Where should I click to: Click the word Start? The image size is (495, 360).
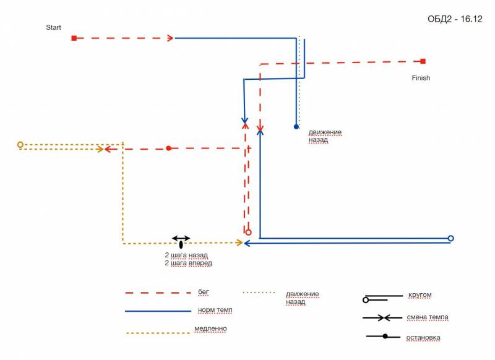click(x=54, y=27)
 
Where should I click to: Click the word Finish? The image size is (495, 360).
click(x=421, y=78)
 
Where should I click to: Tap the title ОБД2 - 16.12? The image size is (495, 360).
click(x=455, y=19)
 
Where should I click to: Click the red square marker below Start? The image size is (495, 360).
click(x=74, y=38)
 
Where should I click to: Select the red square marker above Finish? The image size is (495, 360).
click(x=423, y=61)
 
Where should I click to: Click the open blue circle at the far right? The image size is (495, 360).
click(x=450, y=238)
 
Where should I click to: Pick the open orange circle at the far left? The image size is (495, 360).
click(x=20, y=145)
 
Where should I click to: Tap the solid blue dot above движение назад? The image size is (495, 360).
click(x=296, y=127)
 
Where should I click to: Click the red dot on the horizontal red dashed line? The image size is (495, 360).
click(x=168, y=148)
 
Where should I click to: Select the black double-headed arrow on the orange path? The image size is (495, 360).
click(x=181, y=238)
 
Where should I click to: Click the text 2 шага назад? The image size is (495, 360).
click(x=186, y=255)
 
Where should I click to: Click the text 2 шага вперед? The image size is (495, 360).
click(x=188, y=263)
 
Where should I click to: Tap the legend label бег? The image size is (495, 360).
click(x=204, y=291)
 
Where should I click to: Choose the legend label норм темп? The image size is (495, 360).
click(x=215, y=309)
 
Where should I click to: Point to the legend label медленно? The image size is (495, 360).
click(x=210, y=328)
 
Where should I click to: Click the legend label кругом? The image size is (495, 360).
click(x=420, y=295)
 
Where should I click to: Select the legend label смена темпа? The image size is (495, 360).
click(x=428, y=317)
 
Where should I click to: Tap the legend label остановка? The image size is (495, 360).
click(x=423, y=338)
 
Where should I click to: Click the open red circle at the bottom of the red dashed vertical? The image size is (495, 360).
click(x=248, y=233)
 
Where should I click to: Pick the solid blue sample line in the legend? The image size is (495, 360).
click(x=158, y=311)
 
